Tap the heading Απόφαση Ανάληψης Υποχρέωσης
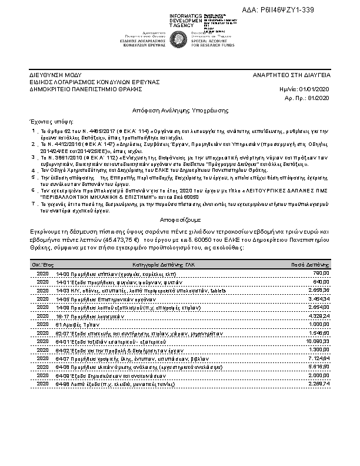point(180,111)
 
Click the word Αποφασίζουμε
point(180,216)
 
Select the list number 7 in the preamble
point(34,202)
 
